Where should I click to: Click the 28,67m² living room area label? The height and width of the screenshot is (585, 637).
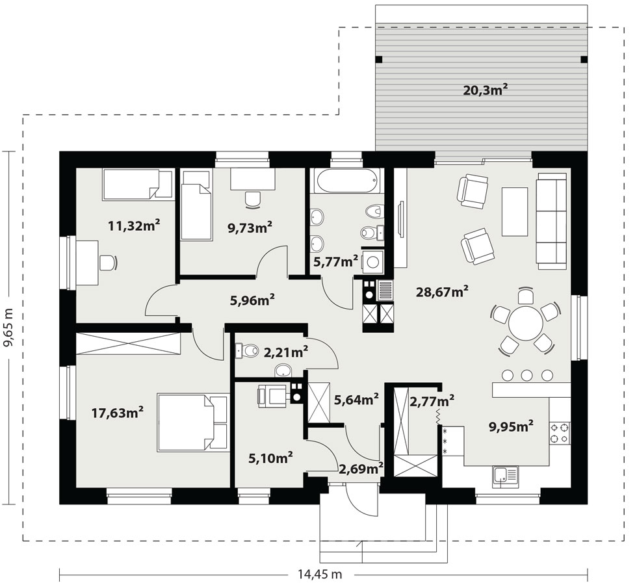click(442, 291)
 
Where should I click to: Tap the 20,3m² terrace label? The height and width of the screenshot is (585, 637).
click(486, 90)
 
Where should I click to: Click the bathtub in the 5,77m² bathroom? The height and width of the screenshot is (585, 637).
click(347, 181)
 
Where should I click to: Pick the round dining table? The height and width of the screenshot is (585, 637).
click(526, 324)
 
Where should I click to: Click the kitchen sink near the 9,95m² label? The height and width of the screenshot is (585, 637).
click(506, 476)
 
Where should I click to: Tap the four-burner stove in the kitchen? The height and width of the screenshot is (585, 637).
click(560, 433)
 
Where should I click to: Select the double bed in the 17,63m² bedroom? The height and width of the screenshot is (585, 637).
click(193, 422)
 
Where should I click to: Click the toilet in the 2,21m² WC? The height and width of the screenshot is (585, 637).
click(247, 350)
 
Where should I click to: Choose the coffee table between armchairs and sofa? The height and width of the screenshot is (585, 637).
click(515, 211)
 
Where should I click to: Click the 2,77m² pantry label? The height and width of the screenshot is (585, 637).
click(432, 401)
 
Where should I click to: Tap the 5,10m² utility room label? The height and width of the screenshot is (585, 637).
click(271, 458)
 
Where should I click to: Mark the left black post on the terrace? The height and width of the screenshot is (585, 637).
click(379, 59)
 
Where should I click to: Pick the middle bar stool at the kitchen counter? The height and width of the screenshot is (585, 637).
click(526, 375)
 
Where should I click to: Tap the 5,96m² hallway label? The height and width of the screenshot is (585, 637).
click(252, 300)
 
